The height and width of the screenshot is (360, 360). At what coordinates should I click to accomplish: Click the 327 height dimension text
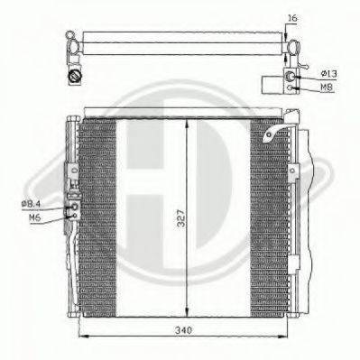181,218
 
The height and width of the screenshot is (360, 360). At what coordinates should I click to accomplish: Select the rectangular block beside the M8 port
271,85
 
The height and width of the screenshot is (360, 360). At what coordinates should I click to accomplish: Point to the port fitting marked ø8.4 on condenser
73,208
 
